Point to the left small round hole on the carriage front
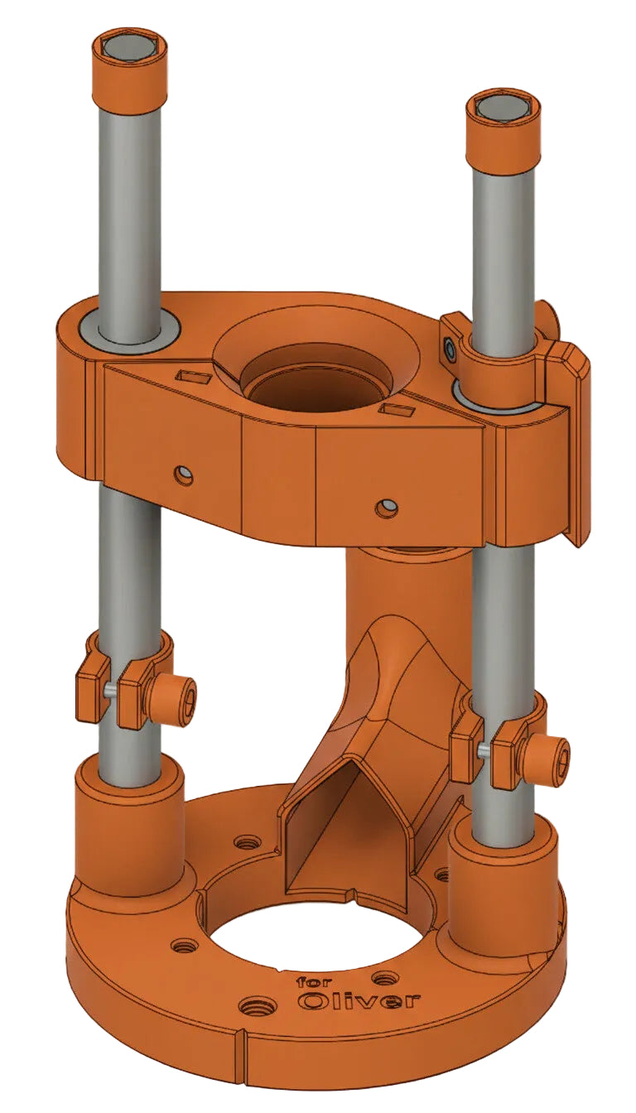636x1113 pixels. tap(185, 475)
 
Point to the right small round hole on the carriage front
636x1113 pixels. tap(386, 507)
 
